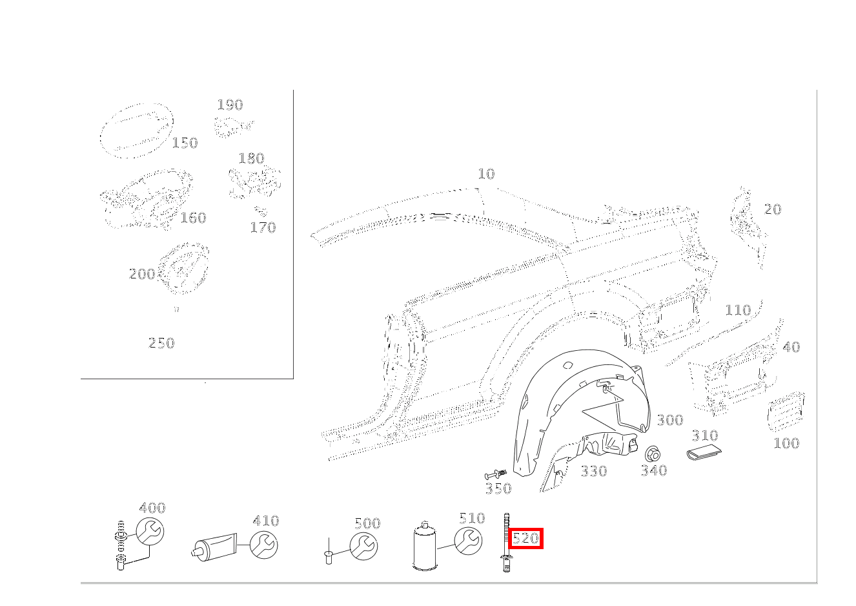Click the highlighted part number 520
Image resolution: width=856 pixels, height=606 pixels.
(x=525, y=538)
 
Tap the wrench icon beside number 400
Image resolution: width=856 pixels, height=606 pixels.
(x=150, y=532)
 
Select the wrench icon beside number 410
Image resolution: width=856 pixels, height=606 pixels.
(x=263, y=545)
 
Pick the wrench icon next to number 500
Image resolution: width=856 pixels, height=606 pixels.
(x=363, y=547)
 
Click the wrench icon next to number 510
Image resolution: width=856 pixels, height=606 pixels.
(x=468, y=541)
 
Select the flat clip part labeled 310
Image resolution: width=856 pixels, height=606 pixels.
(x=704, y=454)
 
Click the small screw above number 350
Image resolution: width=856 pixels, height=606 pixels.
(x=495, y=475)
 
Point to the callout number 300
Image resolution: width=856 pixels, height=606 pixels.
(x=670, y=420)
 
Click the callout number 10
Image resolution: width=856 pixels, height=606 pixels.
(x=487, y=174)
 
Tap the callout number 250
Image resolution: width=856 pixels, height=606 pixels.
(x=161, y=343)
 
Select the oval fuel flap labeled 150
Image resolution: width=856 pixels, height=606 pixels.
(x=136, y=131)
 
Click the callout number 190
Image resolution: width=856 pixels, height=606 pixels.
(x=230, y=105)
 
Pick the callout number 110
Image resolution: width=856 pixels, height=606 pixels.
(x=738, y=310)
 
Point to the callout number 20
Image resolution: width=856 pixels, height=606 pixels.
(x=772, y=209)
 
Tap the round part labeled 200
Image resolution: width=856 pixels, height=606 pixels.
(x=183, y=267)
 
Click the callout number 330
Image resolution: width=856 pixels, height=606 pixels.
(x=594, y=471)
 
